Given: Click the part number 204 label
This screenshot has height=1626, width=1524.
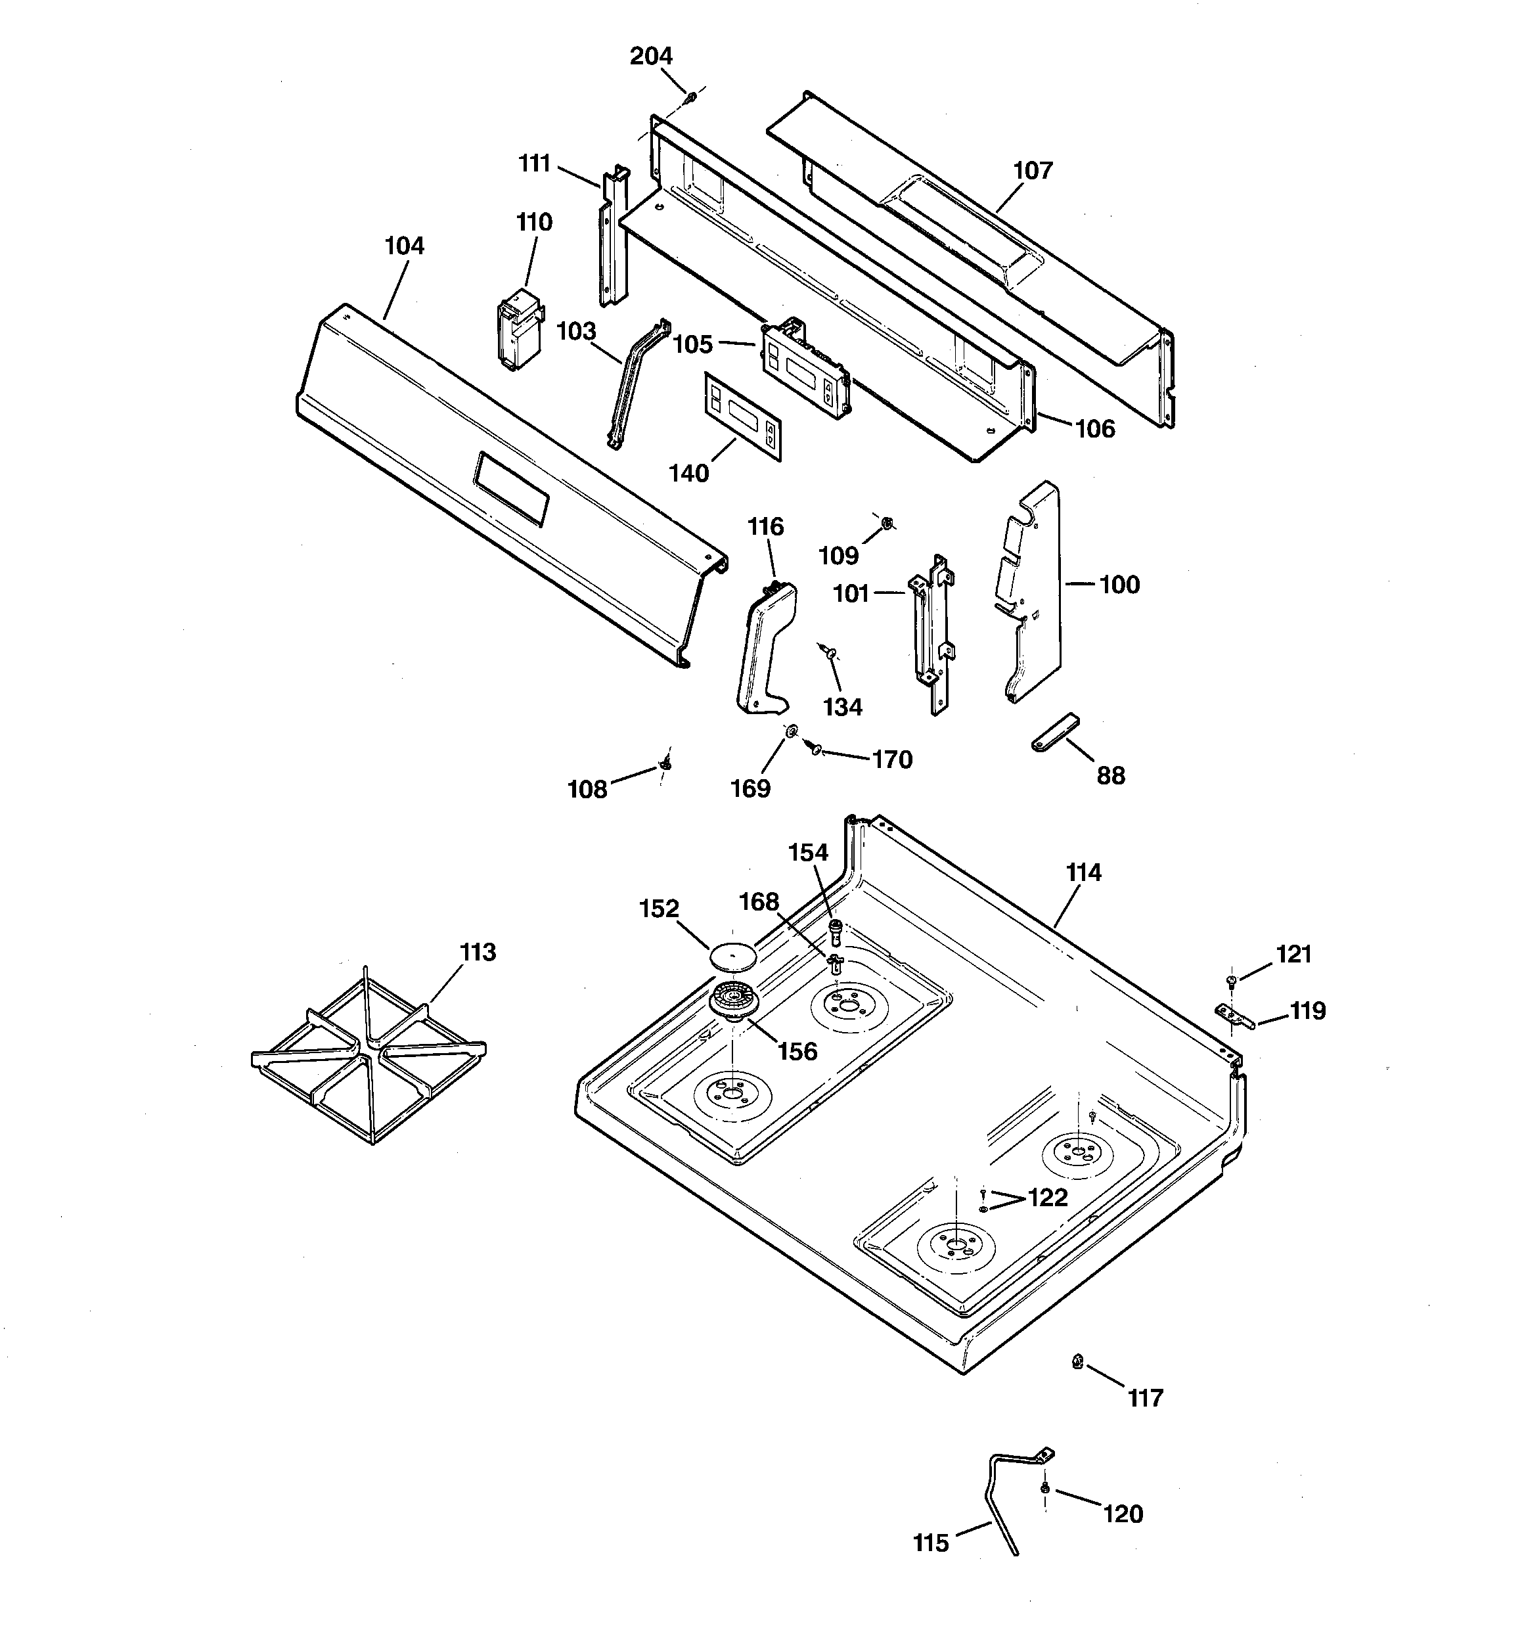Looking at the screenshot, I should [651, 56].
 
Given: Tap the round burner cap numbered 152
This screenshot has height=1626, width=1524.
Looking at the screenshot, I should [731, 955].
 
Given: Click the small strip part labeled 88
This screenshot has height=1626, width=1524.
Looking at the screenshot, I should [1054, 731].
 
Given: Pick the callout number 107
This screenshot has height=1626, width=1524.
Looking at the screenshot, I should [1033, 170].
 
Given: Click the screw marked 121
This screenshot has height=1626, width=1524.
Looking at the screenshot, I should [1230, 980].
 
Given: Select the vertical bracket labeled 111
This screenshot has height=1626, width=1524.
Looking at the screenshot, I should [614, 237].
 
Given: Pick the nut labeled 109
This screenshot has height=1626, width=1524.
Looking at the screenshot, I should [888, 521].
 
